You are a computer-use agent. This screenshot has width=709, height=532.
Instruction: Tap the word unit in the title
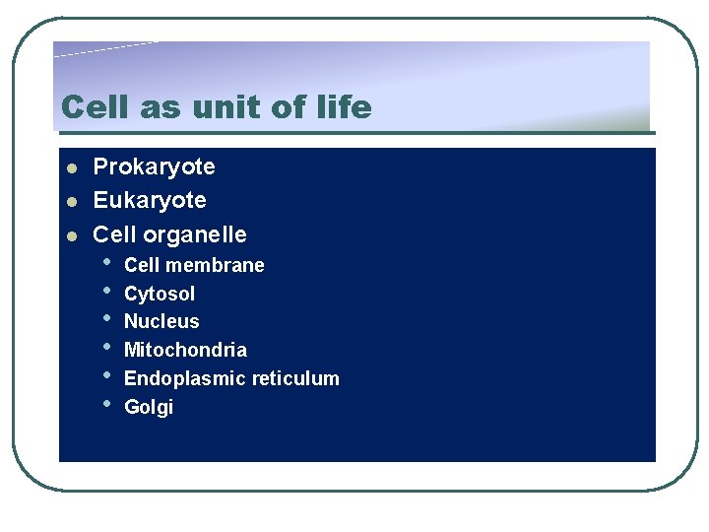pos(211,106)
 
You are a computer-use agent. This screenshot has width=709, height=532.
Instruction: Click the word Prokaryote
pos(154,167)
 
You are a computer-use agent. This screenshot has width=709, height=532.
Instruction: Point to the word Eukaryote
pos(150,201)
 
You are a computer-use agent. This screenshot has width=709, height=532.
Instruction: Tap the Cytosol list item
pos(160,294)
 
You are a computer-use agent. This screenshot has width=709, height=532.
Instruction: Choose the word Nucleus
pos(161,322)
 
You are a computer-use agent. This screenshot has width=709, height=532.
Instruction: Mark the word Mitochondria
pos(185,351)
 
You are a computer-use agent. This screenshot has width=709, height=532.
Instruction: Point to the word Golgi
pos(149,408)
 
